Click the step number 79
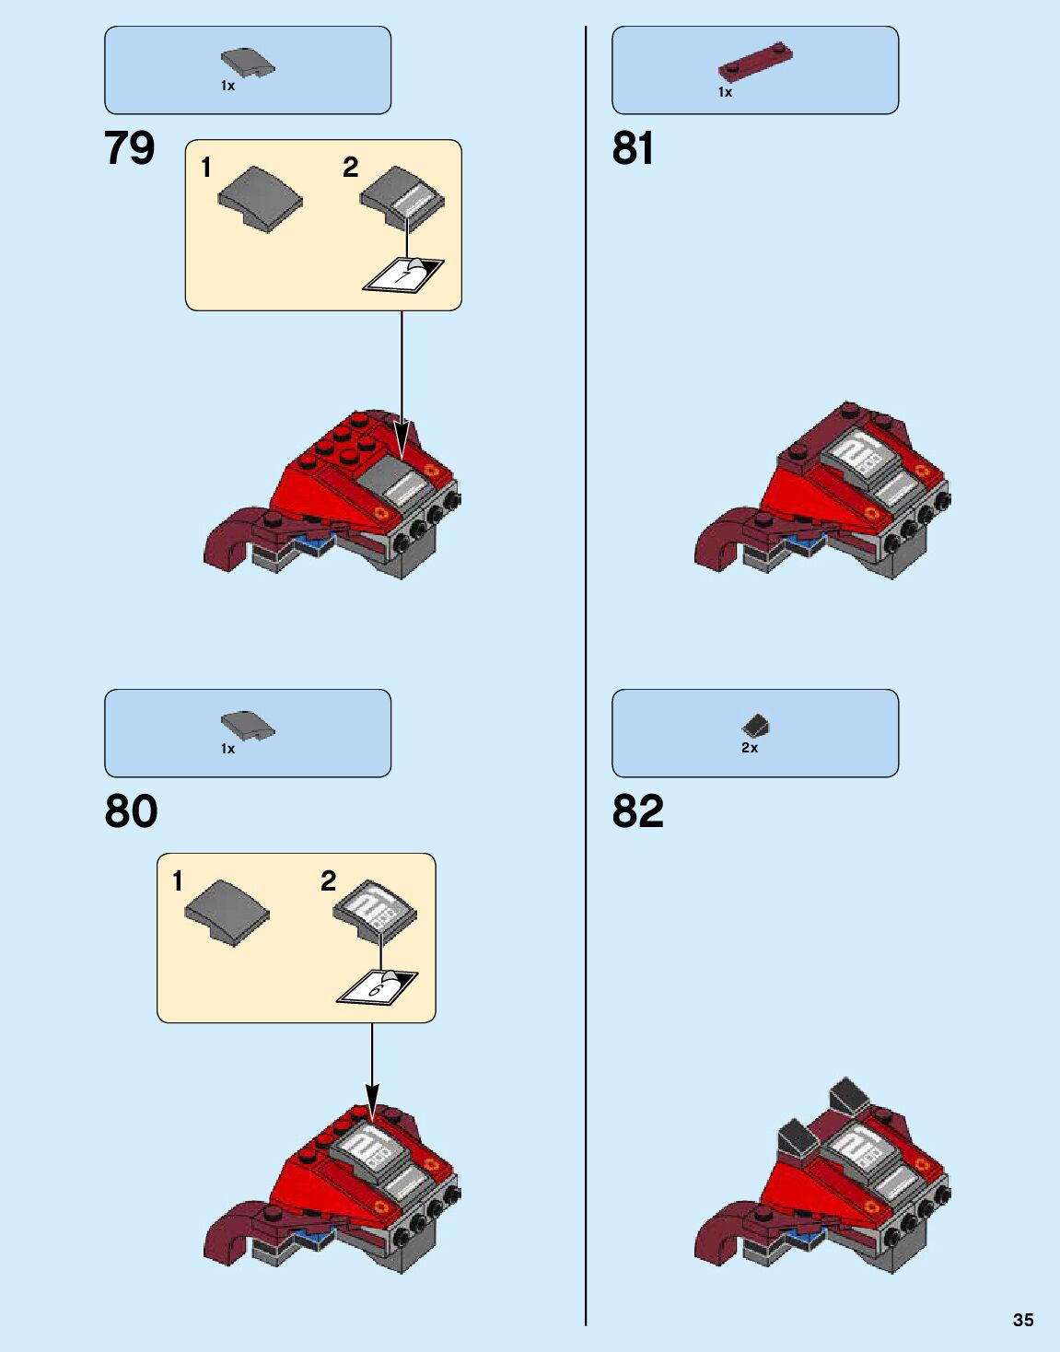tap(130, 148)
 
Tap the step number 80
tap(131, 811)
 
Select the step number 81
tap(633, 148)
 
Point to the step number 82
tap(637, 811)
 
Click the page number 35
tap(1023, 1320)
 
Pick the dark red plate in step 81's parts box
tap(755, 60)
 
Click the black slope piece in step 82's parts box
tap(755, 725)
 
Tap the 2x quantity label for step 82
tap(750, 748)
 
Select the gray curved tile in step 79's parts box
tap(247, 63)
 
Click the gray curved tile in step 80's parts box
tap(247, 726)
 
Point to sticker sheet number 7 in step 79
tap(403, 274)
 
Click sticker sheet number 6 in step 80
tap(376, 987)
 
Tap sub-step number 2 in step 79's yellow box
tap(350, 168)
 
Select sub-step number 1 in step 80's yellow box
tap(178, 881)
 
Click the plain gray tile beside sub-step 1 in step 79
tap(261, 197)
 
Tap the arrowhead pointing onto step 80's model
tap(372, 1098)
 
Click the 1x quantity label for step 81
tap(725, 92)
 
